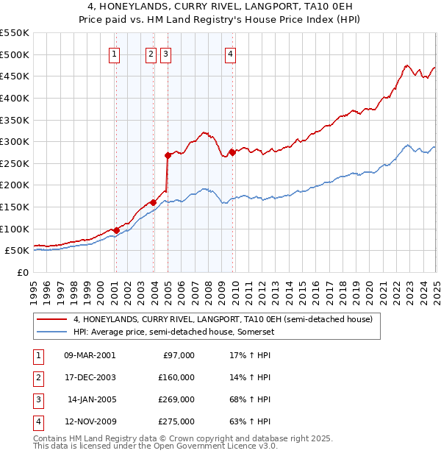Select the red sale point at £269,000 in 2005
point(168,155)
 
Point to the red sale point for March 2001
point(116,230)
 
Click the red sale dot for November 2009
point(233,152)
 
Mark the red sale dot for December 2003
point(154,202)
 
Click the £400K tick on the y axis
point(14,98)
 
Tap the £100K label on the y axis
point(14,229)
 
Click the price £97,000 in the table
point(178,355)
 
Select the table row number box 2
point(37,377)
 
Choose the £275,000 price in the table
point(176,421)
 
